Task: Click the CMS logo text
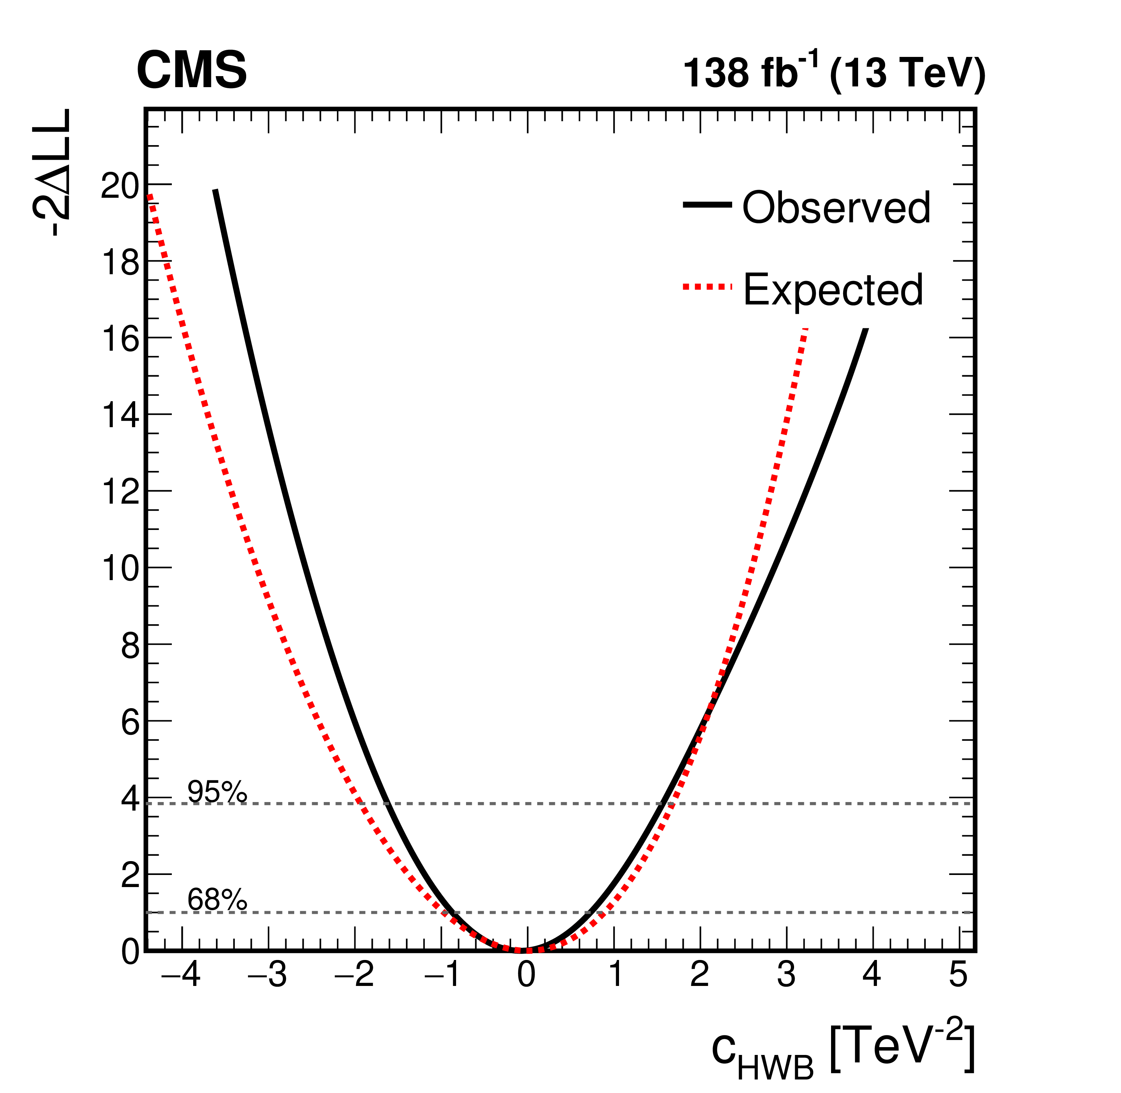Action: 191,70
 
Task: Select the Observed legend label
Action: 836,207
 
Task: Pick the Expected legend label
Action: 833,290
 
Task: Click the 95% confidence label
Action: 217,792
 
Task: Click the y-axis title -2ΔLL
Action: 53,172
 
